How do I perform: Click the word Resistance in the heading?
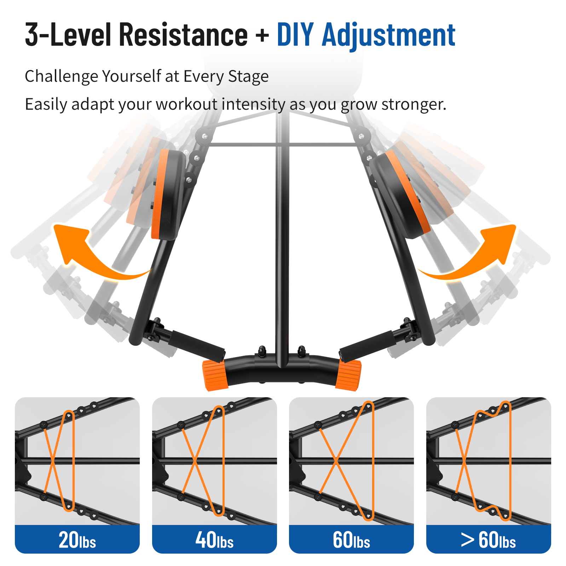[183, 34]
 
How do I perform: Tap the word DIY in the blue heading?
[295, 34]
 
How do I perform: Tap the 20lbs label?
[77, 540]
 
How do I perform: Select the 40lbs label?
[214, 540]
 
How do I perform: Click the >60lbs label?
[488, 540]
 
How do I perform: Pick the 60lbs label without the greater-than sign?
[351, 540]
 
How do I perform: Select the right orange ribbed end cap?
[348, 375]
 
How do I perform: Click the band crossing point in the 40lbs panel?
[195, 461]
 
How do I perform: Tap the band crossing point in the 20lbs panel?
[52, 461]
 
